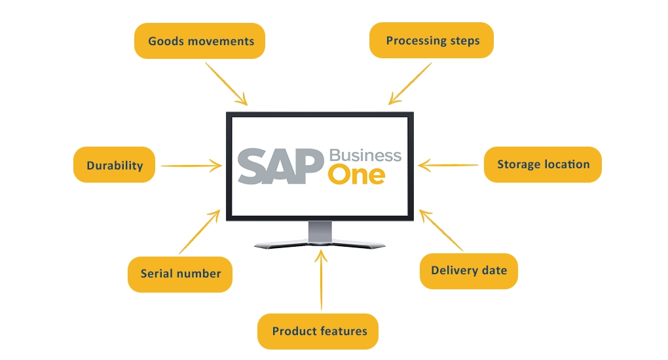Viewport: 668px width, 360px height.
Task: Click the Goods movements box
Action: (200, 41)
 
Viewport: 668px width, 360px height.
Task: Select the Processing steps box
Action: (432, 41)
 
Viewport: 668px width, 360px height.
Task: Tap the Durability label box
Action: (115, 165)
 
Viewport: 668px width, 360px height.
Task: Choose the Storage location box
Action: (542, 164)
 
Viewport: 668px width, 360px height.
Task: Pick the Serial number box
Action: (179, 273)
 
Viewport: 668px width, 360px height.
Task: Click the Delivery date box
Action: (468, 270)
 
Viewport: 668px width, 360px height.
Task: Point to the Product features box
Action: (319, 331)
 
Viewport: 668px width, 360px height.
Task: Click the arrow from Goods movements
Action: (227, 84)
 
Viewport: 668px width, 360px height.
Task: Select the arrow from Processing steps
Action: (410, 83)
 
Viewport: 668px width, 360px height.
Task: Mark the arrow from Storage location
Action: (450, 165)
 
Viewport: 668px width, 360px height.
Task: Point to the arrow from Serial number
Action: (200, 232)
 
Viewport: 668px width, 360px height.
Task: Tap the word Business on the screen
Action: (365, 156)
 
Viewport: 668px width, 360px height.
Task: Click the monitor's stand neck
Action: (320, 231)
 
